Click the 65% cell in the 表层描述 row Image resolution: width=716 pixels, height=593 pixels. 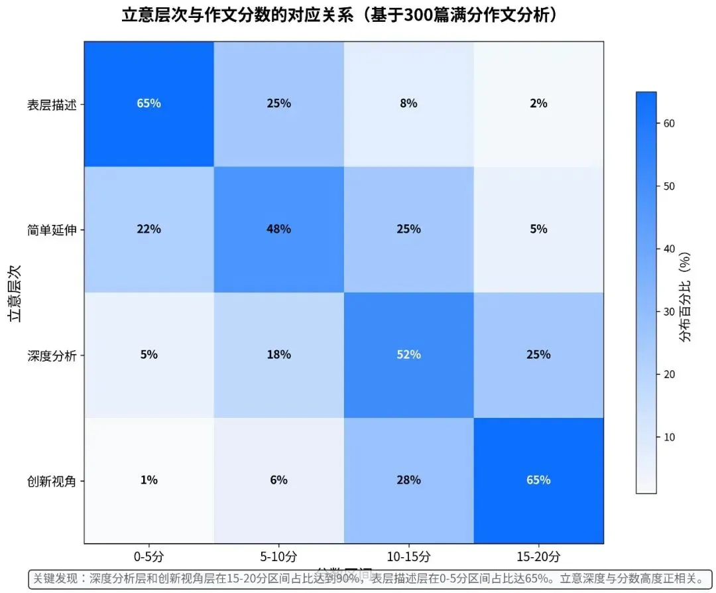[x=149, y=103]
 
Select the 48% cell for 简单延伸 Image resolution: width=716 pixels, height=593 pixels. [x=278, y=229]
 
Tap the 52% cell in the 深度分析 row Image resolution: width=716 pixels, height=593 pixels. [x=408, y=354]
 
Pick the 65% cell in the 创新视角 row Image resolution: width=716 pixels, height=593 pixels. [x=538, y=480]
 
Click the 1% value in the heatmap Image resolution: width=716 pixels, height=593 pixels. [x=149, y=480]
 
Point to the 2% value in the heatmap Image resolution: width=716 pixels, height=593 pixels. [x=538, y=103]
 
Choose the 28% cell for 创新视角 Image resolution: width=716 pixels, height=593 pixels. [x=408, y=480]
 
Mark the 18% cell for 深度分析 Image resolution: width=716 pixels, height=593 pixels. [x=278, y=354]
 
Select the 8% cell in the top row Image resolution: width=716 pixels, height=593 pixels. [x=408, y=103]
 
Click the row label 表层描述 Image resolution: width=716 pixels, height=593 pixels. [x=51, y=104]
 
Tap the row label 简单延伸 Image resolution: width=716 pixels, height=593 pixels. [x=51, y=230]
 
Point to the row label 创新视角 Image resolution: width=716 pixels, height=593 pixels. [x=51, y=480]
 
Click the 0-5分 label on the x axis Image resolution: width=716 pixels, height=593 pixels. [x=149, y=556]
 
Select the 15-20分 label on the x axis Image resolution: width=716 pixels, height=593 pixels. [x=538, y=556]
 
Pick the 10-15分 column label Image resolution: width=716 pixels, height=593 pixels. [x=408, y=556]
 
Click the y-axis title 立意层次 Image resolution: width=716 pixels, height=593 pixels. [x=15, y=292]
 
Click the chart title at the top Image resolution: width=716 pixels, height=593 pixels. [x=339, y=15]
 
